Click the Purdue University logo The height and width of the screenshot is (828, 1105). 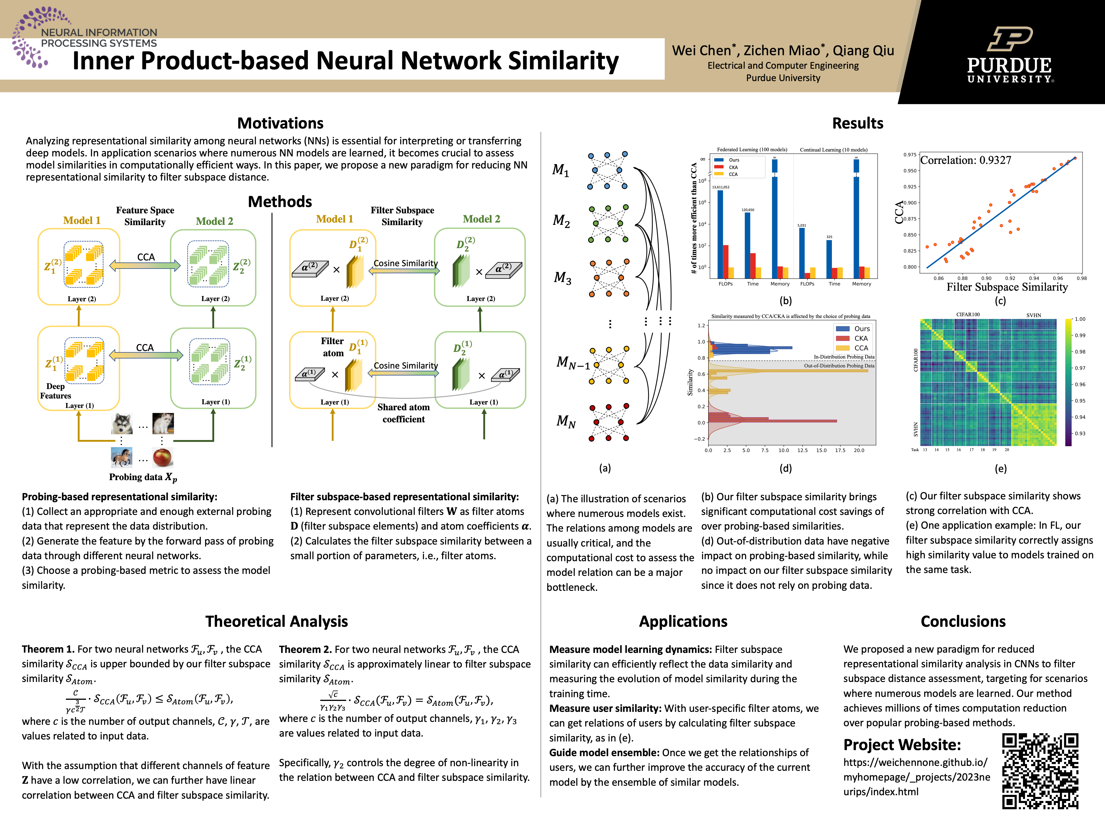tap(1009, 55)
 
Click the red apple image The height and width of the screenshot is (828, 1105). tap(162, 457)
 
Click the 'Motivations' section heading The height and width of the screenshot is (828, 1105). tap(280, 123)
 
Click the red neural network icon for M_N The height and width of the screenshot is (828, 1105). tap(608, 423)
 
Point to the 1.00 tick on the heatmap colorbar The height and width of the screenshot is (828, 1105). tap(1080, 319)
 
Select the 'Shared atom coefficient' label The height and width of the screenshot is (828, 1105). tap(404, 413)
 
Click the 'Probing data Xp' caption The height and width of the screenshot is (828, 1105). tap(143, 477)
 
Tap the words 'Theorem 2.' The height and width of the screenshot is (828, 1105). tap(305, 649)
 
